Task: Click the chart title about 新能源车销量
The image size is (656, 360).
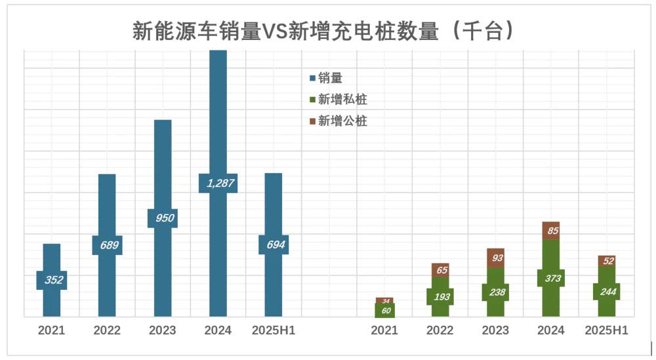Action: click(322, 31)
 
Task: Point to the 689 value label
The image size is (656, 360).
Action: click(107, 245)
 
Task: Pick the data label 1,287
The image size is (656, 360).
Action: click(218, 183)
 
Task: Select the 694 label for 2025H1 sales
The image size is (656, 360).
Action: click(273, 245)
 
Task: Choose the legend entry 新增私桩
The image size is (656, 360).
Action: click(338, 100)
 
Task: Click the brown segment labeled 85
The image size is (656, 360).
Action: click(551, 231)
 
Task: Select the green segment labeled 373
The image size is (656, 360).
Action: click(551, 278)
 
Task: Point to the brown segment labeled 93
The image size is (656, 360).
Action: click(496, 258)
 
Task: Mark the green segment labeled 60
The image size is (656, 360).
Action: click(385, 311)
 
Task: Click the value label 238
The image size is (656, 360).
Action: click(496, 292)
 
